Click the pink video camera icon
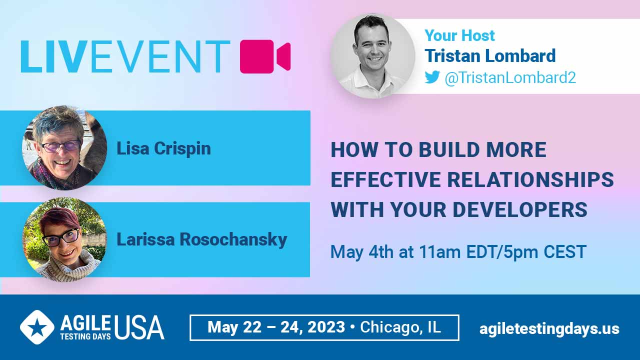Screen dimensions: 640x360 point(265,56)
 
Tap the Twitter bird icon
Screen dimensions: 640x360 point(432,77)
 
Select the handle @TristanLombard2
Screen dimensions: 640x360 point(510,77)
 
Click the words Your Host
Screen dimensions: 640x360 point(459,35)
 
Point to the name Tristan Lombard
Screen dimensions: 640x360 point(490,55)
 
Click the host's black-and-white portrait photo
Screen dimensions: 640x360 point(373,56)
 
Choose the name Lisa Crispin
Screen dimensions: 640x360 point(163,148)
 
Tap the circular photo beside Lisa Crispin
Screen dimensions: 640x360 point(64,147)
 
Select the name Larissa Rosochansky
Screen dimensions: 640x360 point(201,239)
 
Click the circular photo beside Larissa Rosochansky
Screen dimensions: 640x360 point(64,239)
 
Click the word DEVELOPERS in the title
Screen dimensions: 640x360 point(520,209)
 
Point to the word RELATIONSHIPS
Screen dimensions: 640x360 point(530,179)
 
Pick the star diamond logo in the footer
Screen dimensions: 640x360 point(37,327)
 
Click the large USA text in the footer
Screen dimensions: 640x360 point(139,327)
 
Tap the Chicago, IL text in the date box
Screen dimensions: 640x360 point(400,327)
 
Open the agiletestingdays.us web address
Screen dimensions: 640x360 point(549,329)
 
